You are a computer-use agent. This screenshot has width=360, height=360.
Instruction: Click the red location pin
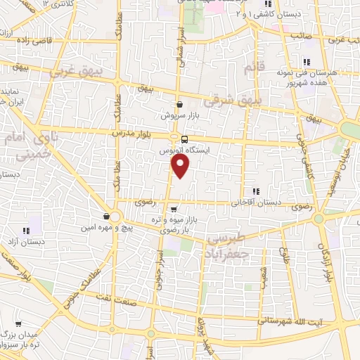(181, 166)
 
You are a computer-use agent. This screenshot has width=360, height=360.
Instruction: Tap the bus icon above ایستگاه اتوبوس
(184, 139)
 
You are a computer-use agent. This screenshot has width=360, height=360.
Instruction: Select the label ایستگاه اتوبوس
(184, 150)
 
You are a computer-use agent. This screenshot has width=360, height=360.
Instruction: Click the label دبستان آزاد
(25, 241)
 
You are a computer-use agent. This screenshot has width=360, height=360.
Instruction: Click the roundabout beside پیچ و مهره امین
(113, 217)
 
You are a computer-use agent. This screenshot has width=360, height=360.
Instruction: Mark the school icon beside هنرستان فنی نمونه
(305, 62)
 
